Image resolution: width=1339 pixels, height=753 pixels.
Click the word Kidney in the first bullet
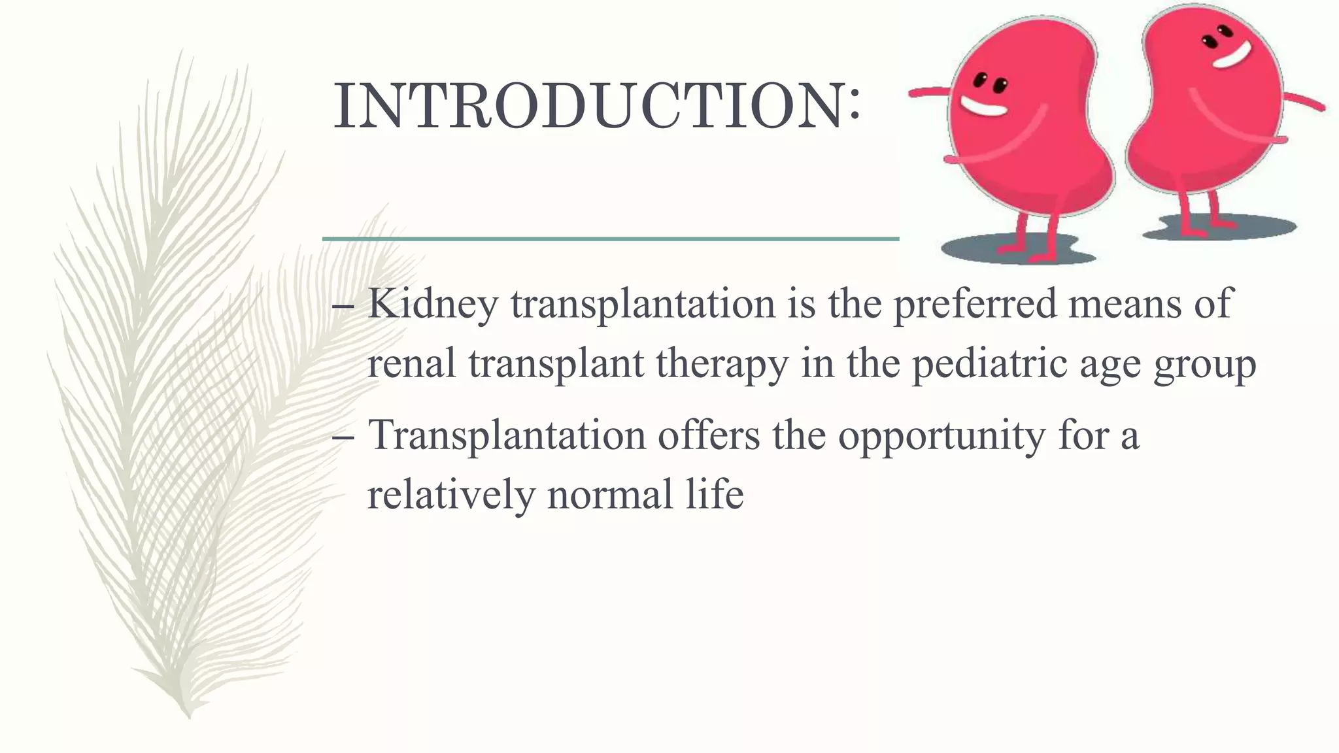432,304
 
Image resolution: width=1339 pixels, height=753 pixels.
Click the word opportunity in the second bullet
941,435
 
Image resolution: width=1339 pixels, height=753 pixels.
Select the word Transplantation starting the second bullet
507,435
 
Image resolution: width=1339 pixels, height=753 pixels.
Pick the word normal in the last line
611,494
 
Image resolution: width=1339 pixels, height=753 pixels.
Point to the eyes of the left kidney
990,83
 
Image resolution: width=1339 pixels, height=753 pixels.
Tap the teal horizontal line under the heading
611,240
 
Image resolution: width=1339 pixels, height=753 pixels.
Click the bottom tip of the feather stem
189,716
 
